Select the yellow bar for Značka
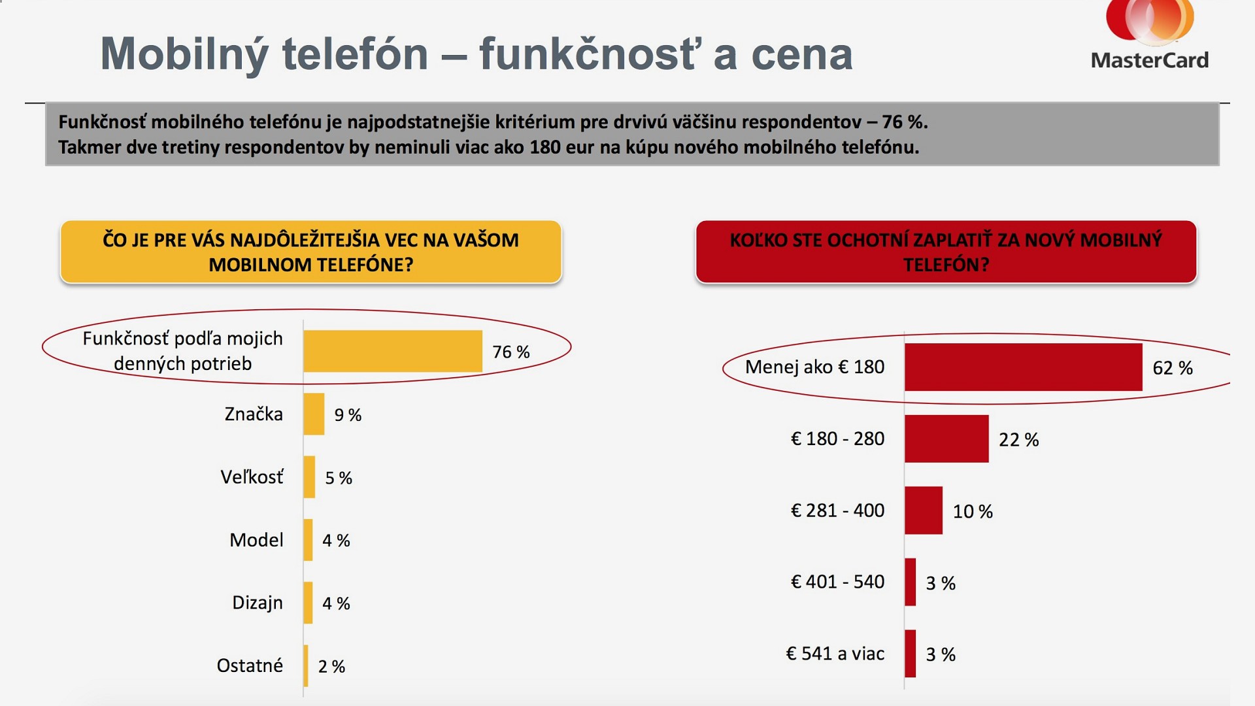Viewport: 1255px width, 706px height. pos(314,414)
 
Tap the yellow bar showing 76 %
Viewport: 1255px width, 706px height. pos(392,351)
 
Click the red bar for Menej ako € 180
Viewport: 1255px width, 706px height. pos(1023,367)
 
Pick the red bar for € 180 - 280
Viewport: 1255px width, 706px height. pos(946,439)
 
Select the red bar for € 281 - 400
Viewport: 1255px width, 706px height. pos(923,510)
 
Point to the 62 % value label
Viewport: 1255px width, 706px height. pos(1172,368)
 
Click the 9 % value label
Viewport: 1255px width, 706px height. pos(348,415)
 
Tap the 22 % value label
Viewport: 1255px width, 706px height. pos(1018,440)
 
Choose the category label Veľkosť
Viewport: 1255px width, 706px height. pos(252,477)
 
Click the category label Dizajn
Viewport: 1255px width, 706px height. pos(258,603)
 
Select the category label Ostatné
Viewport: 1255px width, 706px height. pos(250,665)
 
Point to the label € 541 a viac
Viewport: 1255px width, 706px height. pos(835,654)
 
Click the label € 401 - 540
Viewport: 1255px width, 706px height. pos(837,582)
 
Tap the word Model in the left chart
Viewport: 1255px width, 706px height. pos(256,540)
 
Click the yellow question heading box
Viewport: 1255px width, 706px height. pos(310,252)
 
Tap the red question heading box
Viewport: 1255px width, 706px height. pos(946,252)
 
